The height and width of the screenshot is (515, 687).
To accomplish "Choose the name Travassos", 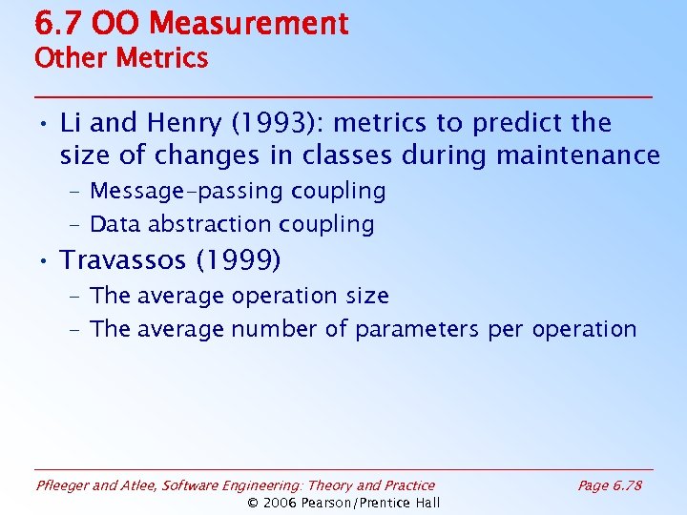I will (x=126, y=259).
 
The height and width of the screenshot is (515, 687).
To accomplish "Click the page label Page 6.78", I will (x=610, y=485).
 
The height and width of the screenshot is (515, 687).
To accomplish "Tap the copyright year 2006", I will (x=283, y=503).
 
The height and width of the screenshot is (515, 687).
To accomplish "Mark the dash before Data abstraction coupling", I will (x=73, y=225).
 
